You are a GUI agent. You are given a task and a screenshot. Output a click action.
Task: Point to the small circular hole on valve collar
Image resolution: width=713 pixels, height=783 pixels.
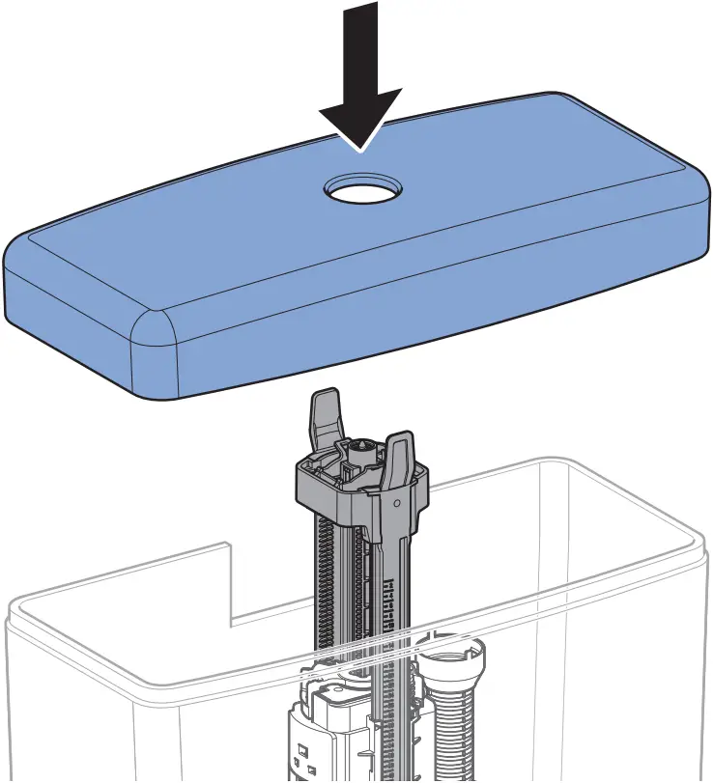tap(396, 503)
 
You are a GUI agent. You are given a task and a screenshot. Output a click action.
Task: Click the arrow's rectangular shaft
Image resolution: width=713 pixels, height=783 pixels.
tap(360, 43)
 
